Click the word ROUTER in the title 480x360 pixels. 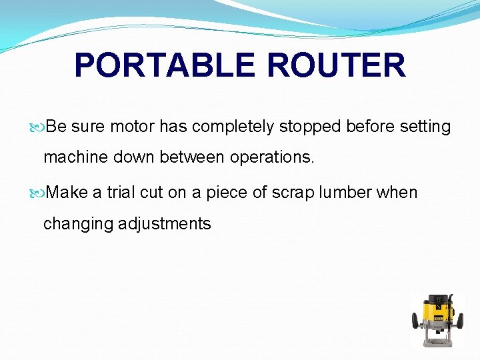point(336,65)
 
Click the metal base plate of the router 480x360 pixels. point(437,342)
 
